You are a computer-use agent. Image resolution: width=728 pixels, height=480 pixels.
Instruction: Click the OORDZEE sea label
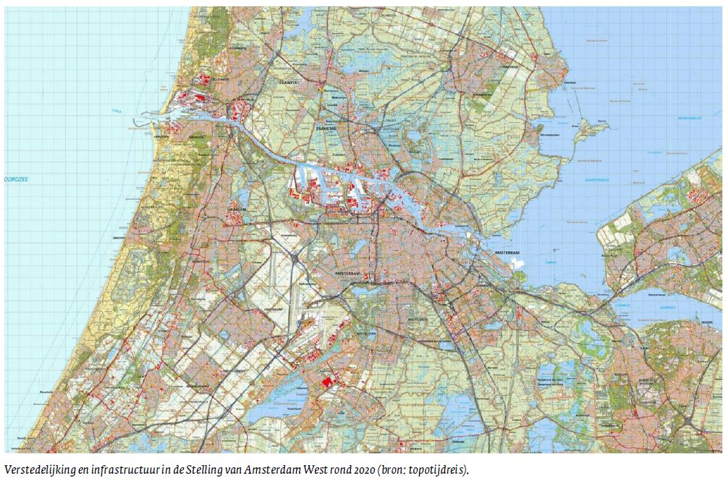click(x=16, y=180)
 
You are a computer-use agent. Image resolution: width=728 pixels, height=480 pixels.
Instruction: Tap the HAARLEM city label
click(x=234, y=208)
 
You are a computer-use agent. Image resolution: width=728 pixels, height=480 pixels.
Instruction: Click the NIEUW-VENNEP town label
click(x=232, y=369)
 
